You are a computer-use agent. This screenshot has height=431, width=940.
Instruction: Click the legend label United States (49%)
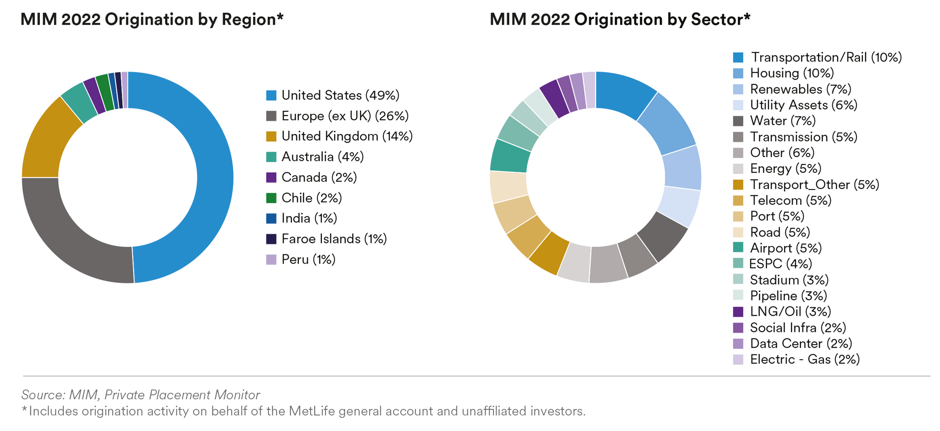pos(340,95)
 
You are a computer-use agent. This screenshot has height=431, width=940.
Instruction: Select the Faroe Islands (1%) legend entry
pos(334,239)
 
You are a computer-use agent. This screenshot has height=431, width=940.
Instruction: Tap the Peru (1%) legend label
pos(308,260)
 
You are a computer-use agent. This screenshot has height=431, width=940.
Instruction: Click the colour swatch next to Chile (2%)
pos(271,198)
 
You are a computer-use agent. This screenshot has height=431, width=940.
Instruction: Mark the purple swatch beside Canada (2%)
pos(271,177)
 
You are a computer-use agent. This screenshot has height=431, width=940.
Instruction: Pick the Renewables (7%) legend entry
pos(800,89)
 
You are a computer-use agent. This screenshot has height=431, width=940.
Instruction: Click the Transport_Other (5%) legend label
pos(814,185)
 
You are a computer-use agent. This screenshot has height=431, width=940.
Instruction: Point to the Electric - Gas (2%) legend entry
pos(804,360)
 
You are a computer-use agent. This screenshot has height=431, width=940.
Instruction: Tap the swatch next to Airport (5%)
pos(738,248)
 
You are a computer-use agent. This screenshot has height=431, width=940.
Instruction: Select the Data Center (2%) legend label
pos(800,344)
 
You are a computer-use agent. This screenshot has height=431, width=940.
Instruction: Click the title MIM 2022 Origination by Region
pos(152,20)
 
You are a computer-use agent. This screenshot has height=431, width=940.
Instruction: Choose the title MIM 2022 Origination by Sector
pos(620,20)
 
